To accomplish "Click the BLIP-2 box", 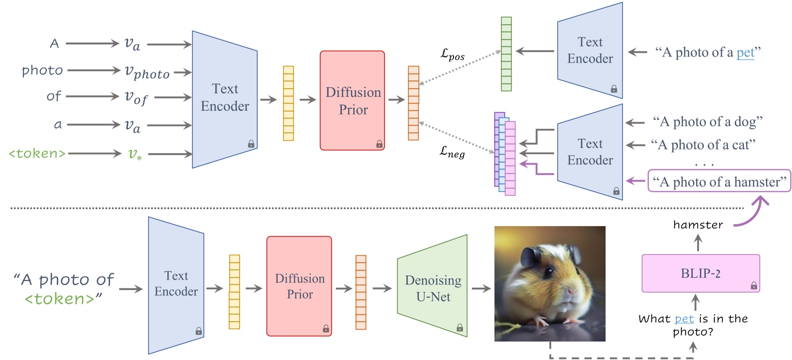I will [700, 273].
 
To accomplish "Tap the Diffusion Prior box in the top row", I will [352, 101].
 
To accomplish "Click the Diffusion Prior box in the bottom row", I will [299, 286].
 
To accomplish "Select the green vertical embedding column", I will [506, 54].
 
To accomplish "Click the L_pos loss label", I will [452, 55].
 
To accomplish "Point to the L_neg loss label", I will [452, 152].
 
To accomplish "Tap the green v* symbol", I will [134, 154].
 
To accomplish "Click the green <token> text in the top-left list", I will [37, 154].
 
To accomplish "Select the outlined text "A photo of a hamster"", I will [719, 181].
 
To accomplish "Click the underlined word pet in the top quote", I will [745, 52].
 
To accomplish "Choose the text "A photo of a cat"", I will [703, 144].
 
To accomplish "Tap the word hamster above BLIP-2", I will [698, 225].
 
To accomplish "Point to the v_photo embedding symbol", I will [147, 72].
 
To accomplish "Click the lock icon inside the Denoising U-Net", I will [460, 328].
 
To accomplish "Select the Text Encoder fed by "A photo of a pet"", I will [590, 51].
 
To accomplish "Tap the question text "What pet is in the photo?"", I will [693, 325].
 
